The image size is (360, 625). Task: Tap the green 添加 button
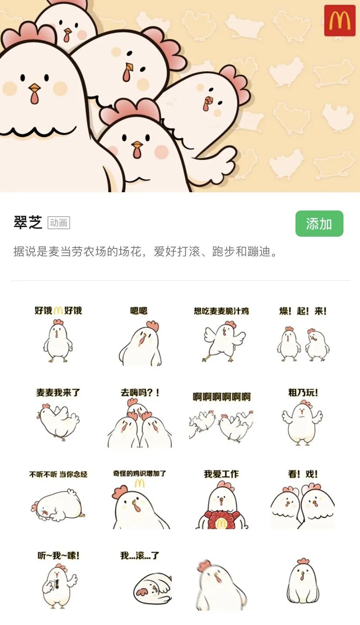point(319,224)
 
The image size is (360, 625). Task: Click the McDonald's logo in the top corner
point(340,20)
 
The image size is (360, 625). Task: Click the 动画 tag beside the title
point(58,223)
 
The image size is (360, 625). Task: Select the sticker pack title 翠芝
point(28,222)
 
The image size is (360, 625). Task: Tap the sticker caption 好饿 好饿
point(58,310)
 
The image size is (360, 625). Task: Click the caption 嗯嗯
point(139,311)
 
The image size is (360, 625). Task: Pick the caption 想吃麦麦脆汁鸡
point(221,311)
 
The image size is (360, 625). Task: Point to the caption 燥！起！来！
point(303,311)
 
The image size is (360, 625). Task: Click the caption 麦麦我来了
point(58,393)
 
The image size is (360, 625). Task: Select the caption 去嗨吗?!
point(140,393)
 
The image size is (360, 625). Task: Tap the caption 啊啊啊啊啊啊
point(222,397)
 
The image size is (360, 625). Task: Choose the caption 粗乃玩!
point(303,393)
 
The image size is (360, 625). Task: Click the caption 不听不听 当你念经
point(58,474)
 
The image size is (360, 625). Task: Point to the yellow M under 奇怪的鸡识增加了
point(139,483)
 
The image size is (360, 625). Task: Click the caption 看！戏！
point(303,474)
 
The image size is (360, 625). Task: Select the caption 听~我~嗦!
point(58,556)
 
